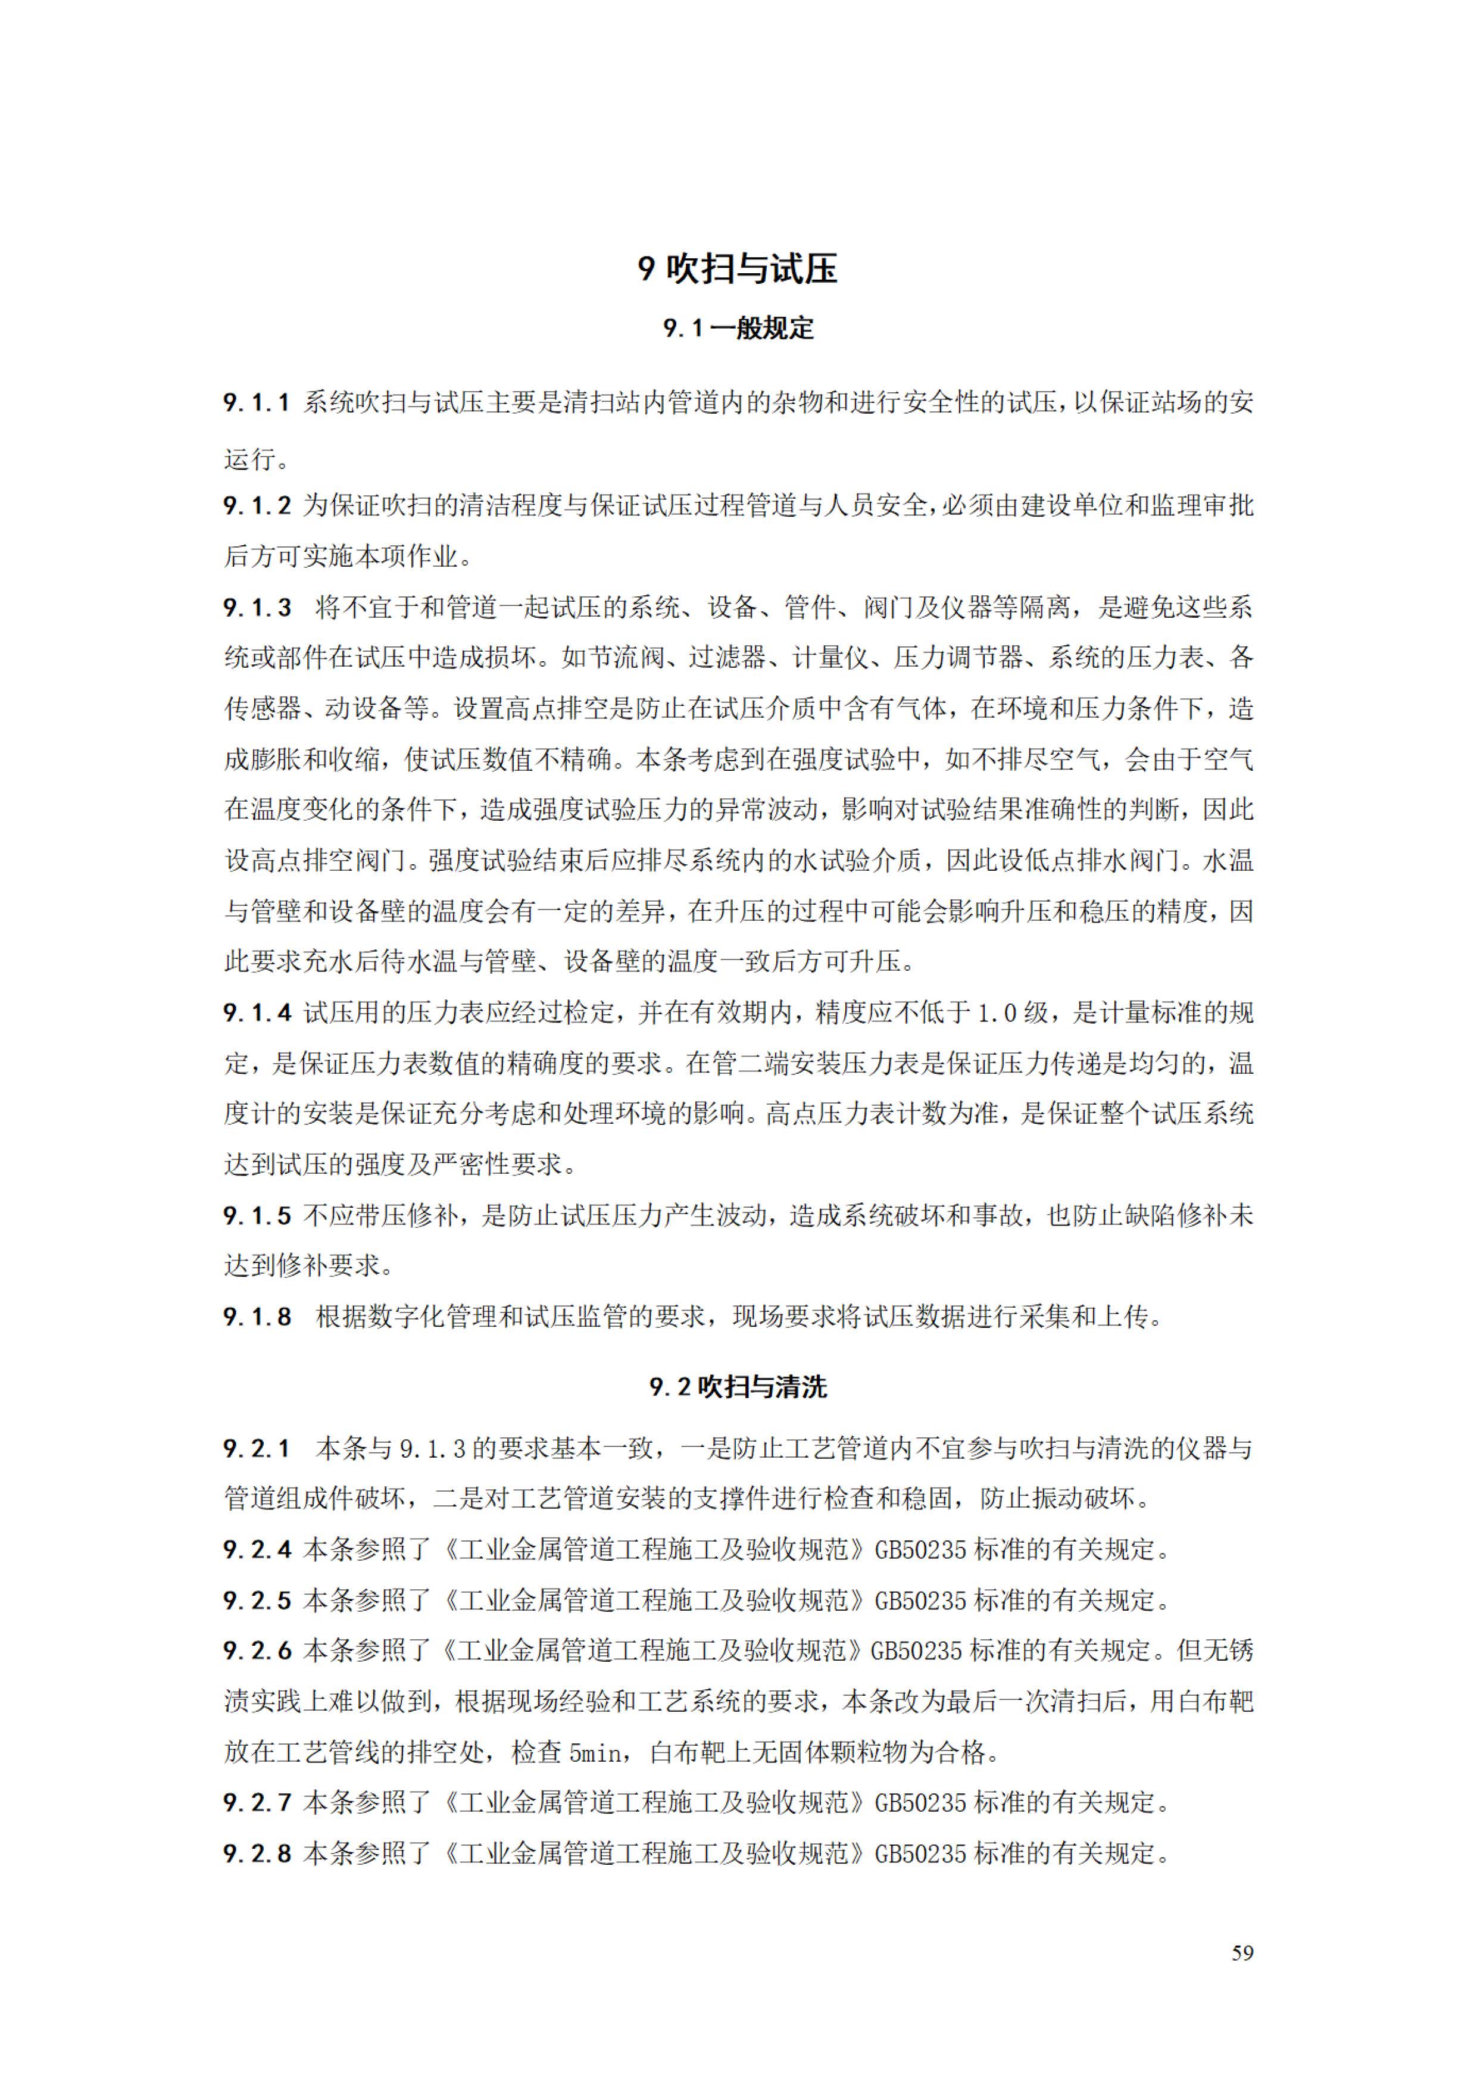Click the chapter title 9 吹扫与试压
[x=738, y=269]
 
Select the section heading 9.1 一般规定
[x=738, y=329]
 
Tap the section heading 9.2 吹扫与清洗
[x=738, y=1387]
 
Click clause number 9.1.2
[x=257, y=505]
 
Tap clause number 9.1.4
[x=257, y=1012]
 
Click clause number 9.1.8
[x=257, y=1317]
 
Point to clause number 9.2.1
[x=257, y=1449]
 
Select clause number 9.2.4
[x=257, y=1549]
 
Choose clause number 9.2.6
[x=257, y=1651]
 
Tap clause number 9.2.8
[x=257, y=1853]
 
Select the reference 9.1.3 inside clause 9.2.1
[x=432, y=1449]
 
